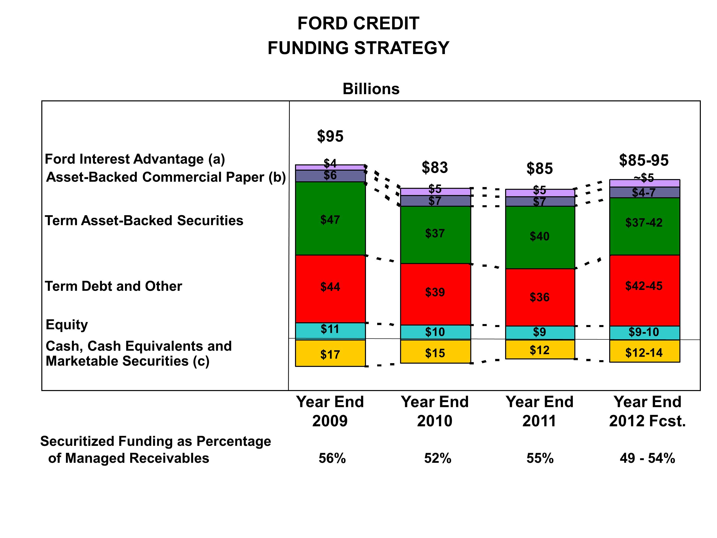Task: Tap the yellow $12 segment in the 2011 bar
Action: [x=540, y=350]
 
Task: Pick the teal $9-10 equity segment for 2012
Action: [x=644, y=333]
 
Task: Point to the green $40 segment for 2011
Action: [x=540, y=237]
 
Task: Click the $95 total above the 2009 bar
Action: [x=330, y=136]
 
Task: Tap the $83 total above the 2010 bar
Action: [x=435, y=168]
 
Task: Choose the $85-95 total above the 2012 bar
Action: [x=644, y=160]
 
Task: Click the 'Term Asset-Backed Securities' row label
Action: [x=144, y=220]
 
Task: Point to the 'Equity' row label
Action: [x=67, y=325]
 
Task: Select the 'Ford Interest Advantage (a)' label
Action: [x=135, y=159]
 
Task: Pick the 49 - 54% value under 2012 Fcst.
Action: [x=647, y=458]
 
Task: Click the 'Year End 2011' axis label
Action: [x=539, y=411]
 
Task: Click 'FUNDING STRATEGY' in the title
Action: [x=358, y=48]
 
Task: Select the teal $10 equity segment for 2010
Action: [x=435, y=332]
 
